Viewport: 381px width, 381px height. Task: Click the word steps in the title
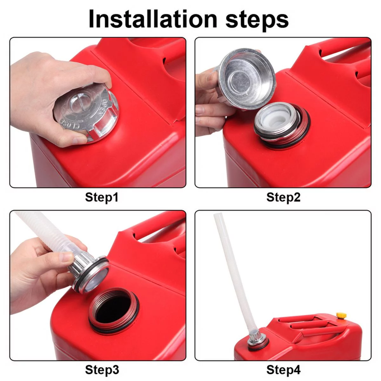[x=257, y=20]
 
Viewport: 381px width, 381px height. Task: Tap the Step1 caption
[x=102, y=197]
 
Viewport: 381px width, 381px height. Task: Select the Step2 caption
[x=283, y=197]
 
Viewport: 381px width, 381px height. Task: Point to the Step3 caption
[x=102, y=370]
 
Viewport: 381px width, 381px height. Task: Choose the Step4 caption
[x=283, y=370]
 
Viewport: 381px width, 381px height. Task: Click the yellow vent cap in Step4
[x=341, y=316]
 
